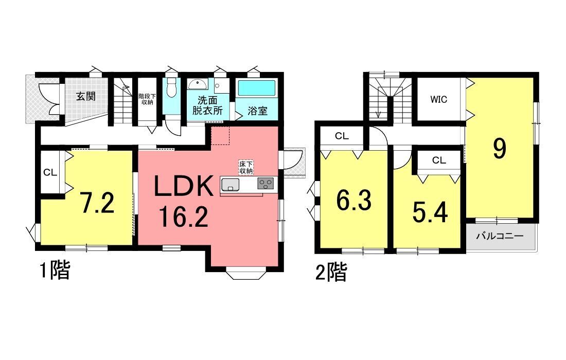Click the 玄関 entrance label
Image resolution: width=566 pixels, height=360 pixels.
pos(85,96)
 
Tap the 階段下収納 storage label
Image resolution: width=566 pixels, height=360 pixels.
pos(147,99)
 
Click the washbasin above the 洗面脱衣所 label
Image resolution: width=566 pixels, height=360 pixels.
pos(197,84)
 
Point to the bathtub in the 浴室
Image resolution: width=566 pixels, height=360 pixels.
pos(257,88)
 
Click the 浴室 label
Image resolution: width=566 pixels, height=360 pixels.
pos(257,111)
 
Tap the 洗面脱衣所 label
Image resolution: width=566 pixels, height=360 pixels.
pos(207,105)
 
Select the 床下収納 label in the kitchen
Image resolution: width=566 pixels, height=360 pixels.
pos(246,167)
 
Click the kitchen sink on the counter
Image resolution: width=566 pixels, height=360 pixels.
pos(231,184)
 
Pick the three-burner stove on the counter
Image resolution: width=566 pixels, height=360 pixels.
pos(266,184)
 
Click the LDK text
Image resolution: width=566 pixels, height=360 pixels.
pos(183,186)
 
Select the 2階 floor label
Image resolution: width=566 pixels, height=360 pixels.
pos(331,273)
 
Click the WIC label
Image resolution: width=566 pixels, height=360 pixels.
pos(438,99)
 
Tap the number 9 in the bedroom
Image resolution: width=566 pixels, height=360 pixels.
pos(500,149)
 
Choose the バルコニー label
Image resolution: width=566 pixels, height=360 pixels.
pos(500,237)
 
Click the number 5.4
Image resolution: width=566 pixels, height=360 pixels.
pos(430,212)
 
